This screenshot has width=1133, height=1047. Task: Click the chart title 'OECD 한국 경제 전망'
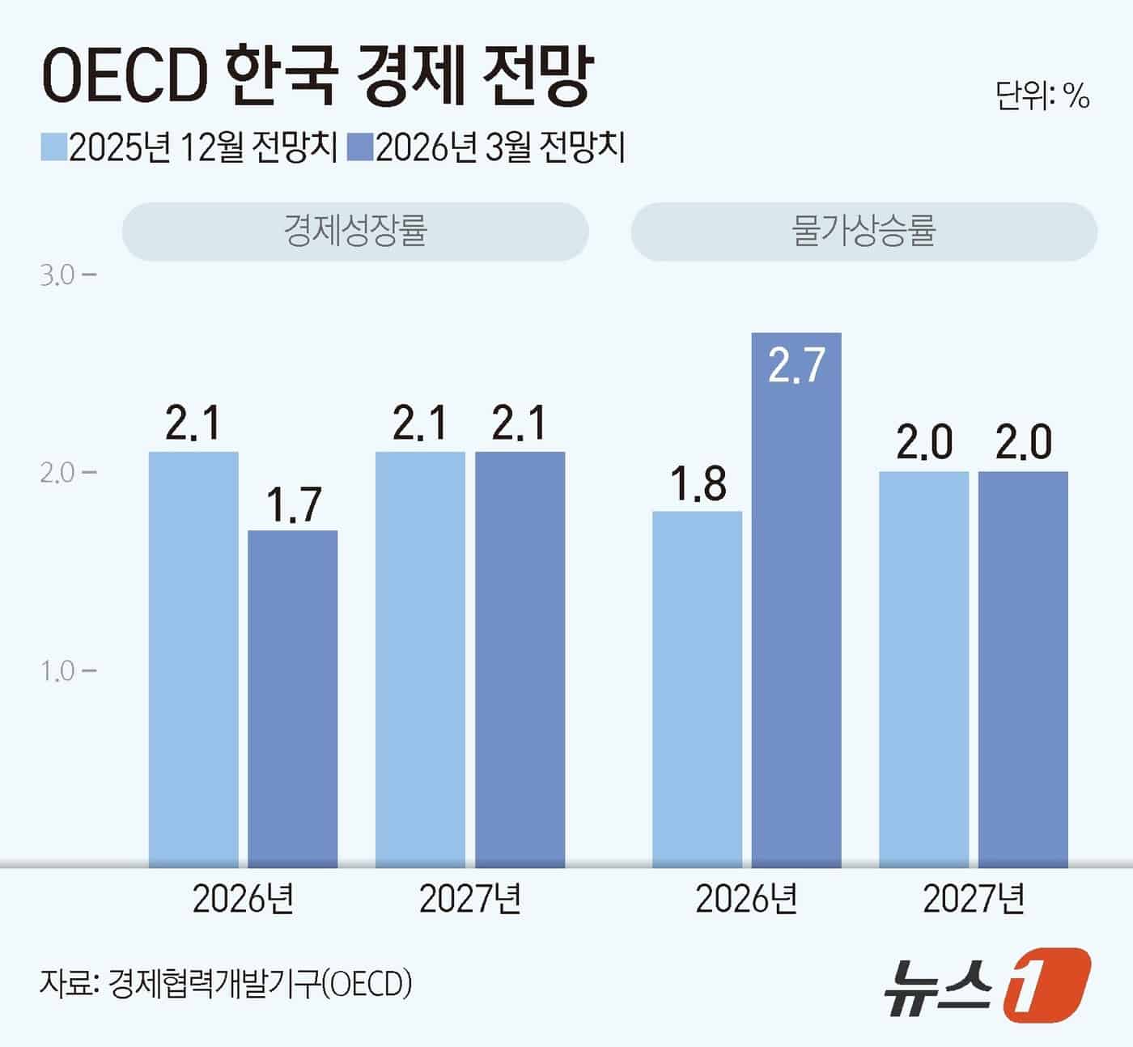coord(316,76)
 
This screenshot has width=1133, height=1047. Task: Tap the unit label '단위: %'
coord(1042,96)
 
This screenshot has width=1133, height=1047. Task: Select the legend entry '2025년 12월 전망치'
coord(189,148)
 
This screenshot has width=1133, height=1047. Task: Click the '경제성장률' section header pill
coord(355,231)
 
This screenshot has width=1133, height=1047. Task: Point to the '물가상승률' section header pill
coord(864,231)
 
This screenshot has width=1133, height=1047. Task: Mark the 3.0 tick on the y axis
coord(66,275)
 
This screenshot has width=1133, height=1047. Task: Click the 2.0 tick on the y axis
coord(66,473)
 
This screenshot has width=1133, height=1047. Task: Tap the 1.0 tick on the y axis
coord(66,671)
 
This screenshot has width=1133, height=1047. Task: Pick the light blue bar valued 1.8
coord(697,688)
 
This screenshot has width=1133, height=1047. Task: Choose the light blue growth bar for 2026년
coord(193,659)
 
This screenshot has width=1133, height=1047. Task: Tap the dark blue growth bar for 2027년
coord(520,659)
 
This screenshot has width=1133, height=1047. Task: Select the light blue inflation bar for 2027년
coord(924,669)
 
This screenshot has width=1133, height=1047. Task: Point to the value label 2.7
coord(796,365)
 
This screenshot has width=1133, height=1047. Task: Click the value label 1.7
coord(293,504)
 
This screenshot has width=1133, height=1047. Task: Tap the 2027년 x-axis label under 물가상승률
coord(974,898)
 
